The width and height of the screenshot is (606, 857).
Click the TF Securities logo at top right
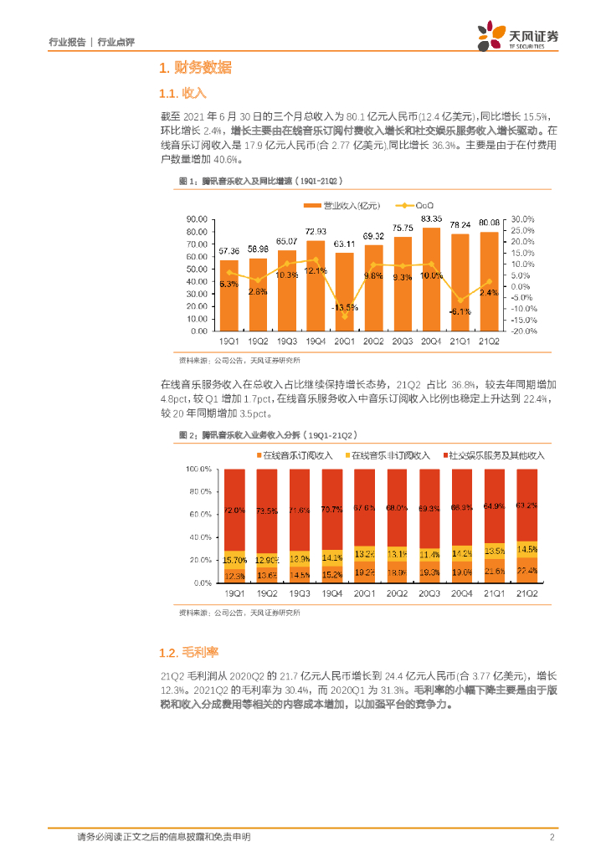coord(518,38)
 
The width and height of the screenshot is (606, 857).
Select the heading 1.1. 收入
coord(182,92)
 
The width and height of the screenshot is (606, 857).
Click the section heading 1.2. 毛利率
coord(188,652)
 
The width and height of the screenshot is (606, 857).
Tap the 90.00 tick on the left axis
coord(198,220)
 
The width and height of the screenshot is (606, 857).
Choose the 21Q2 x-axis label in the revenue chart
coord(490,342)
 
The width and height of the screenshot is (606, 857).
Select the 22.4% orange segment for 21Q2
coord(527,570)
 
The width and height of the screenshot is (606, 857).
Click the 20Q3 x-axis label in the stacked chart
coord(430,593)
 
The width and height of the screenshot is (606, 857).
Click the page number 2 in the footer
coord(552,837)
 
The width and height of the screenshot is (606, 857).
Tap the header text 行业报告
coord(68,42)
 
